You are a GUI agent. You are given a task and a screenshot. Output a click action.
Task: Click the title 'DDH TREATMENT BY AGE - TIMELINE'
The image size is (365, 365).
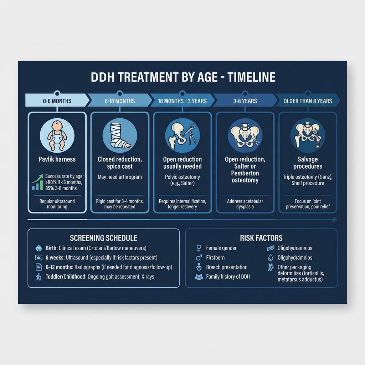(183, 77)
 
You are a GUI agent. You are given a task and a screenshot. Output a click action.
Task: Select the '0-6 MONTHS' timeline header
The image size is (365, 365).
(57, 101)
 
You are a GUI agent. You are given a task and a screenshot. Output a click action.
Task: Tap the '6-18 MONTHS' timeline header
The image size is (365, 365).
(120, 101)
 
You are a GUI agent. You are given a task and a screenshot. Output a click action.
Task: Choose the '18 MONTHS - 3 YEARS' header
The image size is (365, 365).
(182, 101)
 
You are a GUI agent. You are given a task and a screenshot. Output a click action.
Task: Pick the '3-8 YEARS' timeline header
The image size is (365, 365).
(245, 101)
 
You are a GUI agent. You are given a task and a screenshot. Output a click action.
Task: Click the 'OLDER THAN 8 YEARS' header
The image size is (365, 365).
(307, 101)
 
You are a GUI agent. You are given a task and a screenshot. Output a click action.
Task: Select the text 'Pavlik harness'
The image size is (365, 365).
(57, 159)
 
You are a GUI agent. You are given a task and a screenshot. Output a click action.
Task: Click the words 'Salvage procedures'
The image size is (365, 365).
(308, 163)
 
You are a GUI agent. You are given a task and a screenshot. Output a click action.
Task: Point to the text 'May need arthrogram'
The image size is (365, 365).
(120, 177)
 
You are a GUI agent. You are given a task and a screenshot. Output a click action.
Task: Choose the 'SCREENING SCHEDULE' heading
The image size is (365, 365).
(103, 238)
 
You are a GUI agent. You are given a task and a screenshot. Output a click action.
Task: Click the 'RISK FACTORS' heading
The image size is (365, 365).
(261, 238)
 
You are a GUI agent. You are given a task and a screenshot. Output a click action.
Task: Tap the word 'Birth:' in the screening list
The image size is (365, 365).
(51, 248)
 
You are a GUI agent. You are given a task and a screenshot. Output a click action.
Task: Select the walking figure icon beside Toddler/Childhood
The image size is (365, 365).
(38, 277)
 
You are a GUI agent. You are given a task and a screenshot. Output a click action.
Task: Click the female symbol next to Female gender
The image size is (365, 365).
(199, 248)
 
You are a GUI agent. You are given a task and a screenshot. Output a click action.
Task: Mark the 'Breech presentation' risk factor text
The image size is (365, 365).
(227, 267)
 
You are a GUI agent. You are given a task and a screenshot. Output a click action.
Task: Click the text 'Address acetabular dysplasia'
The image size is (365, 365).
(245, 204)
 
